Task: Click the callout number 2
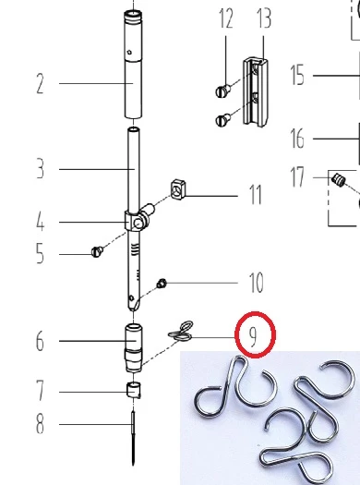(x=40, y=84)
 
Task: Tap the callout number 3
(x=41, y=169)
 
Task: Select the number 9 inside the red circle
(x=253, y=337)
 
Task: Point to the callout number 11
(x=256, y=195)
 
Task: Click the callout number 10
(x=257, y=283)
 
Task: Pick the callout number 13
(x=264, y=18)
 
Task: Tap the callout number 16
(x=297, y=139)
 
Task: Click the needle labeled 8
(x=134, y=437)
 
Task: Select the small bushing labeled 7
(x=134, y=390)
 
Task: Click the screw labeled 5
(x=97, y=251)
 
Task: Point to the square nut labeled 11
(x=178, y=189)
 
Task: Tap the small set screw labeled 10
(x=162, y=283)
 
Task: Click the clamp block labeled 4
(x=137, y=219)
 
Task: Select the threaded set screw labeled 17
(x=339, y=180)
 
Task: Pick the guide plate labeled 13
(x=256, y=91)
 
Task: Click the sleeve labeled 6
(x=134, y=347)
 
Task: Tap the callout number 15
(x=297, y=75)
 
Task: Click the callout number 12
(x=226, y=18)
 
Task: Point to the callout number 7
(x=41, y=391)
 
